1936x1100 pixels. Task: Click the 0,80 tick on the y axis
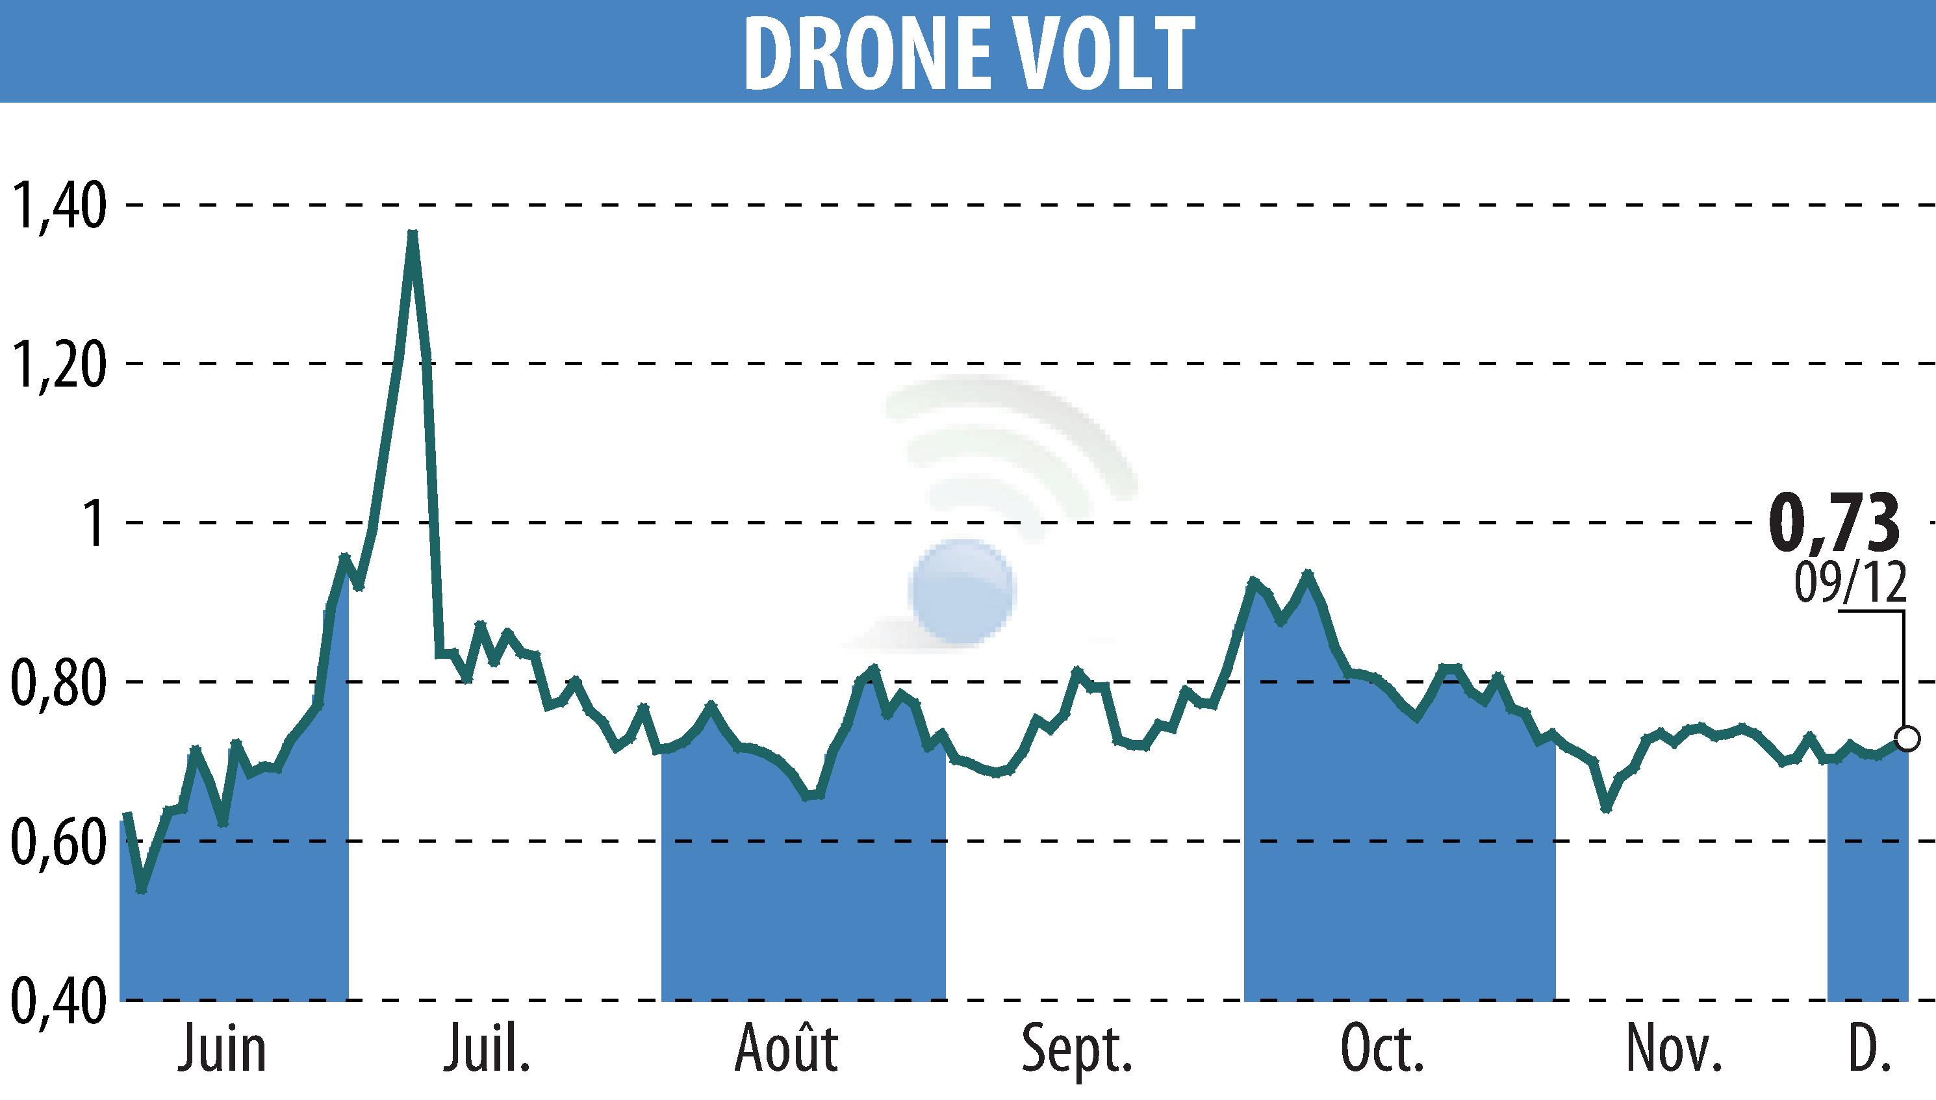click(57, 682)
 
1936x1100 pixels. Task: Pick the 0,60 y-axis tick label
click(57, 841)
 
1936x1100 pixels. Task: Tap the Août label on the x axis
click(786, 1049)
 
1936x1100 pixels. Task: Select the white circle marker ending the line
click(1907, 738)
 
